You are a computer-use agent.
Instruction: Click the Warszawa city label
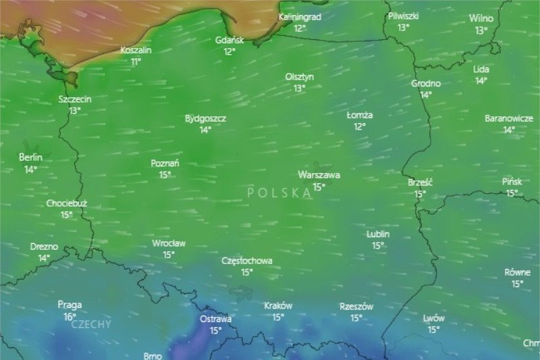tap(319, 175)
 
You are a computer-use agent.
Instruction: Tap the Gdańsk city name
tap(230, 40)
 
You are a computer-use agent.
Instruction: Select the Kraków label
tap(278, 305)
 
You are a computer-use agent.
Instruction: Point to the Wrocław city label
tap(169, 243)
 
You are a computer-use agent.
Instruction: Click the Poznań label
tap(165, 163)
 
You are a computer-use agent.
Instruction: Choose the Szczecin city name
tap(75, 99)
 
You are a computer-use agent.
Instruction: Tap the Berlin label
tap(30, 158)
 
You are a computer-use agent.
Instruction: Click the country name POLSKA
tap(279, 192)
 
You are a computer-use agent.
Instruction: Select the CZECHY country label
tap(91, 324)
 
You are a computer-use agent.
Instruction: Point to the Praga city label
tap(70, 305)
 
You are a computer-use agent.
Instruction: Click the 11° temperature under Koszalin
tap(136, 61)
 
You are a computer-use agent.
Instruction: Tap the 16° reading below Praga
tap(70, 317)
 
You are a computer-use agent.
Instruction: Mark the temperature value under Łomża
tap(359, 126)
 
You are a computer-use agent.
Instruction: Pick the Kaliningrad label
tap(300, 17)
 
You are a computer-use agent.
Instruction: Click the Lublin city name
tap(378, 234)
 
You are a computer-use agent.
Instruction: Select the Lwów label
tap(433, 318)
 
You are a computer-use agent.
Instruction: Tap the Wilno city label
tap(481, 18)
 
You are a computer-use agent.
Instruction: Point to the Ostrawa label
tap(215, 319)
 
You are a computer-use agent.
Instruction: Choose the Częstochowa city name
tap(247, 261)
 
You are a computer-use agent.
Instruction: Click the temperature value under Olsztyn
tap(299, 88)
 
